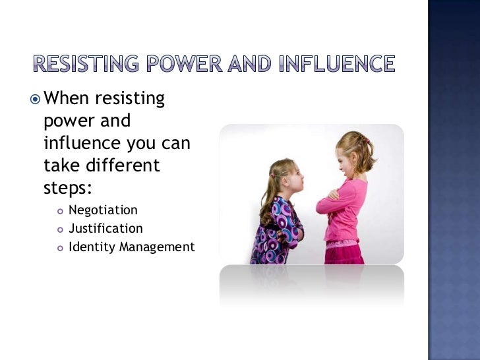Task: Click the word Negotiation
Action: [103, 210]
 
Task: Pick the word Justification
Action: [105, 229]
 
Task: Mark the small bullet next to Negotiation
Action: [59, 211]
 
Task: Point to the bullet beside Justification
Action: [59, 229]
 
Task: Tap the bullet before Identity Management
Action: [59, 248]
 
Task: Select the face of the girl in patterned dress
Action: [288, 177]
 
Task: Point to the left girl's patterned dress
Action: [277, 227]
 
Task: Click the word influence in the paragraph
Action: [80, 143]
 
